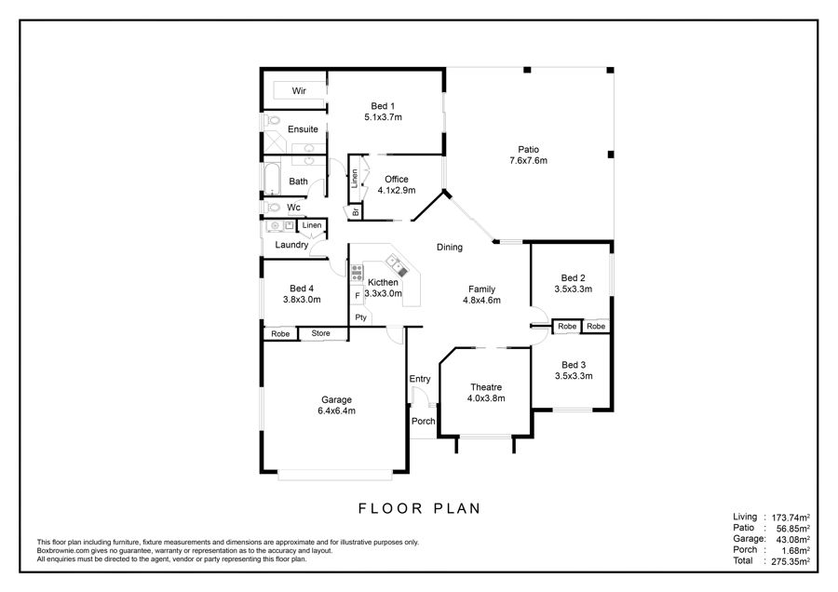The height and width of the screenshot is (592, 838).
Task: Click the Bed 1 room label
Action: [383, 106]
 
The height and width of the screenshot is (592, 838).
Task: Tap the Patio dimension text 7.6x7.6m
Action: [528, 160]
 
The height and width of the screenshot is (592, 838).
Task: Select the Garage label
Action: [337, 400]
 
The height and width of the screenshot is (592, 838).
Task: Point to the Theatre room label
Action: [486, 387]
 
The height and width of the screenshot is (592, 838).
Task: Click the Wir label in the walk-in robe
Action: [299, 91]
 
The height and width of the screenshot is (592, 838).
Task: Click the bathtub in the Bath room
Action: [272, 179]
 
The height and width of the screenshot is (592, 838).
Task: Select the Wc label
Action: [293, 208]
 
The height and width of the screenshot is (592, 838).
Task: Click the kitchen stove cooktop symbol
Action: [357, 273]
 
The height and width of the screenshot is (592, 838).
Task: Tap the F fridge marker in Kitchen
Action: [358, 295]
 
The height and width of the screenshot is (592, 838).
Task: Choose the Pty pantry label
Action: [360, 317]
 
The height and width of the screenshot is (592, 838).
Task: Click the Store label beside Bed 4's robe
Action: [320, 333]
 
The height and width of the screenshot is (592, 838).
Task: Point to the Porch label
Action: [424, 421]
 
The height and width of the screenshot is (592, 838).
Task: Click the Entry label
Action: [420, 379]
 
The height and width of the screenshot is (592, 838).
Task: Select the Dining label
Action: [450, 247]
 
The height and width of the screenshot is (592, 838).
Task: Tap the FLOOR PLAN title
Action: [420, 508]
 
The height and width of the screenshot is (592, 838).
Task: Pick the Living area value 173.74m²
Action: [791, 518]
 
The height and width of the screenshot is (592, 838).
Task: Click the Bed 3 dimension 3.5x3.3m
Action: [574, 376]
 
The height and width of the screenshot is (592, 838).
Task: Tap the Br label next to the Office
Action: [356, 212]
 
